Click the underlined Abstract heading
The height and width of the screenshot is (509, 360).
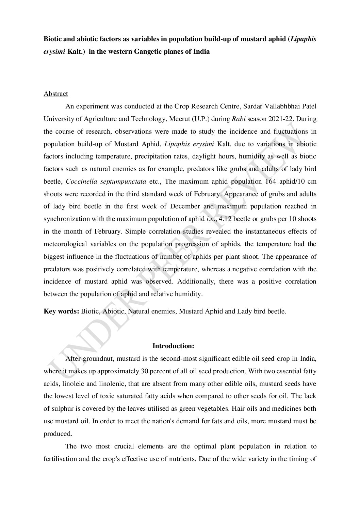[x=56, y=94]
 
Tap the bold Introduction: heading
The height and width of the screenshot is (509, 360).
[x=173, y=346]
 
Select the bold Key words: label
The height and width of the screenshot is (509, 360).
[x=62, y=311]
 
